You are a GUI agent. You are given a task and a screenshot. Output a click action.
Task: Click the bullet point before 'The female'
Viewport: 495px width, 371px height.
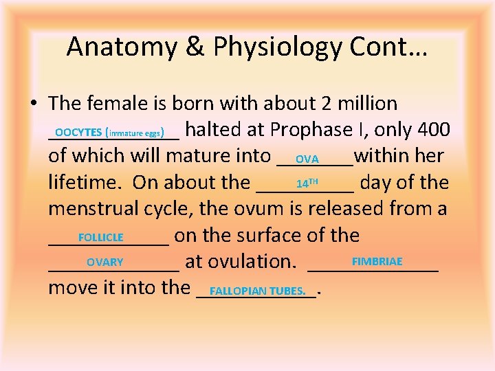click(x=33, y=104)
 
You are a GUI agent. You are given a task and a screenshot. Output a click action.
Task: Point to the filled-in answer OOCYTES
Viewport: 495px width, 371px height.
click(x=78, y=131)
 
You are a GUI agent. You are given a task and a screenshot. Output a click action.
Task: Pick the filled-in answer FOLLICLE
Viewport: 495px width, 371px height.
click(x=101, y=237)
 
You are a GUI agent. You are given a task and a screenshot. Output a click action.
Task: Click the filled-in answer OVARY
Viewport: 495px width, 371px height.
click(x=104, y=262)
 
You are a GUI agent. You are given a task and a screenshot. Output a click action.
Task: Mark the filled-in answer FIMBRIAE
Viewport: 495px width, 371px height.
click(x=377, y=262)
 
